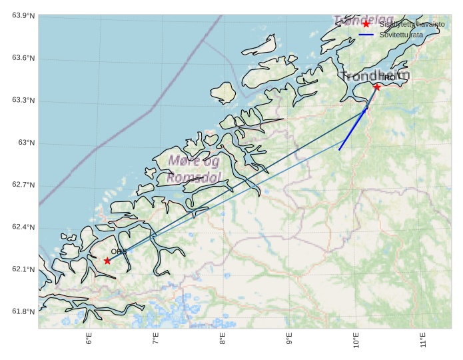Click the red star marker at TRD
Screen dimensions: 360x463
(377, 87)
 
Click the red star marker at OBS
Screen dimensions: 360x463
(107, 261)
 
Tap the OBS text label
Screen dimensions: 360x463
(119, 251)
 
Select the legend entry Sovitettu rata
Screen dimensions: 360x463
(401, 34)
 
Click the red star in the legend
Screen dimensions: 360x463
(366, 24)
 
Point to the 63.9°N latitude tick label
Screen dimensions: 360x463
(23, 16)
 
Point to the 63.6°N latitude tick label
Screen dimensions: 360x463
(23, 59)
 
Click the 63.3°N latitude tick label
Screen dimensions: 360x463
(23, 101)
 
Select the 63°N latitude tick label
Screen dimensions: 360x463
(26, 143)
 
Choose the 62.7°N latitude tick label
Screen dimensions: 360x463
(23, 185)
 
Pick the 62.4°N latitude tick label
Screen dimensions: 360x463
(23, 228)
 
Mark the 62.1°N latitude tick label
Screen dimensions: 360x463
(23, 270)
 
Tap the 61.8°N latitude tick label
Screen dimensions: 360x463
(23, 312)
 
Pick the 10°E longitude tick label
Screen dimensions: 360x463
(356, 341)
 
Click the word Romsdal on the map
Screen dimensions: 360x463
(194, 178)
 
